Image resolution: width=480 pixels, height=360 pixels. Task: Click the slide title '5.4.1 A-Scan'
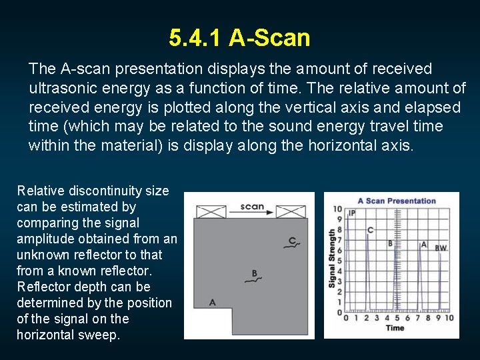click(239, 38)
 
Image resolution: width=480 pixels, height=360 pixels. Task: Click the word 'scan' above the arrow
click(252, 206)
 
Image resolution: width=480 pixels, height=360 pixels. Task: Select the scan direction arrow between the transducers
click(252, 213)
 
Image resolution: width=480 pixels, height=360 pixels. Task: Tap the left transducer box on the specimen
click(211, 212)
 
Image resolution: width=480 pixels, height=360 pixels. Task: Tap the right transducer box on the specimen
click(291, 212)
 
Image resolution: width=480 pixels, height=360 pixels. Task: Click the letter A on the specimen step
click(212, 302)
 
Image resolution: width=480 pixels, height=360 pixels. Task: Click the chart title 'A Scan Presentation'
click(397, 201)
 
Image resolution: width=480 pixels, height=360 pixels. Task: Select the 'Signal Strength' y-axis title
click(332, 259)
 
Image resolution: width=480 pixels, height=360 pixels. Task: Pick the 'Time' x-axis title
click(395, 327)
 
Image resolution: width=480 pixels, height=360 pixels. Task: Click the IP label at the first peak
click(352, 213)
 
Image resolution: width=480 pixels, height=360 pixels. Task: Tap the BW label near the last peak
click(441, 248)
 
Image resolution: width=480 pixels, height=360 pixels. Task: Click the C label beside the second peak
click(371, 230)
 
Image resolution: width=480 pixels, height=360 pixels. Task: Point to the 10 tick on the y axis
click(338, 209)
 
